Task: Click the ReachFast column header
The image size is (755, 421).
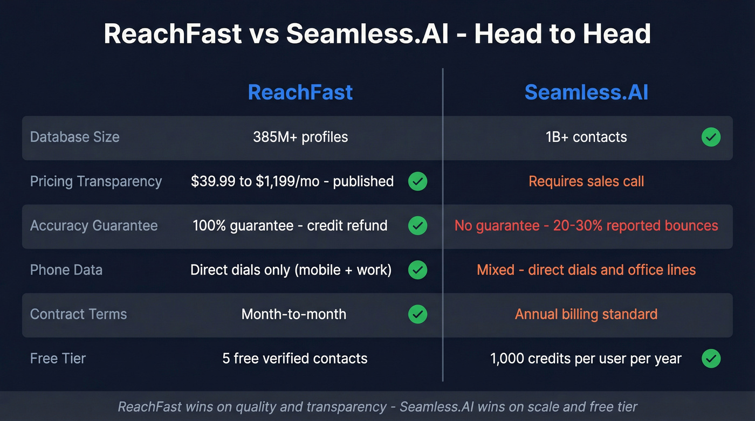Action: [300, 92]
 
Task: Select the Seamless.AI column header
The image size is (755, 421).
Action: [586, 92]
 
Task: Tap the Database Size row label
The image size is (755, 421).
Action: [74, 137]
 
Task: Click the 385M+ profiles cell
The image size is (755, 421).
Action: [300, 137]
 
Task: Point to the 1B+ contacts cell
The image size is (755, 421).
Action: [586, 137]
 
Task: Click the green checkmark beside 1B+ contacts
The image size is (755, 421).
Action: [711, 137]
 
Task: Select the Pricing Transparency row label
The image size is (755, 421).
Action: [95, 181]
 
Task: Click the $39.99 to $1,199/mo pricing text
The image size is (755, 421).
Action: [292, 181]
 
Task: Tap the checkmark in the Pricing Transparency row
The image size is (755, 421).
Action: [417, 182]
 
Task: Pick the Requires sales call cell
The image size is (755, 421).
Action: [586, 181]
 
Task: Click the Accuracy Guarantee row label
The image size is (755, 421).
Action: [94, 225]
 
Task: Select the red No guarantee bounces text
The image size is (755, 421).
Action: [586, 225]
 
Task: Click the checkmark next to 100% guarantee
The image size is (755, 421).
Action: [417, 226]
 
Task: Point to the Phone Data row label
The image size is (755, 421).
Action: [66, 270]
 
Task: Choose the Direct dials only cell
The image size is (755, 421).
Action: [291, 270]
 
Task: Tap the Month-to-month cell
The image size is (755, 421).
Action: [294, 314]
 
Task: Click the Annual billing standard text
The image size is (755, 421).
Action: [586, 314]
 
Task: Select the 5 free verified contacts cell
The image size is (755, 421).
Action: [294, 358]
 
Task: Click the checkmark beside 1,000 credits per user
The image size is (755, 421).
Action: [711, 358]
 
